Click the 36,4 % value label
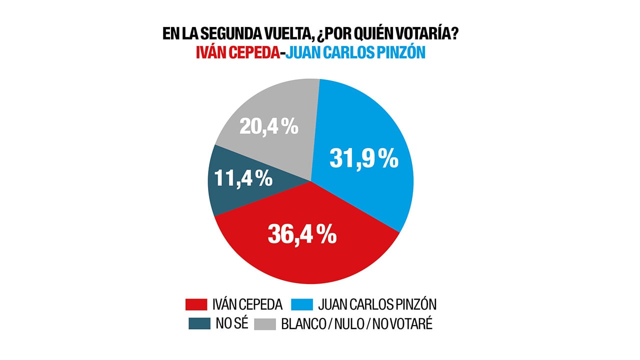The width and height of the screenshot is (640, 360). tap(301, 233)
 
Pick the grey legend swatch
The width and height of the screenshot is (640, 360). tap(264, 324)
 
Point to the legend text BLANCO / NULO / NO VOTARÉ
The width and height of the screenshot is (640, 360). tap(357, 324)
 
